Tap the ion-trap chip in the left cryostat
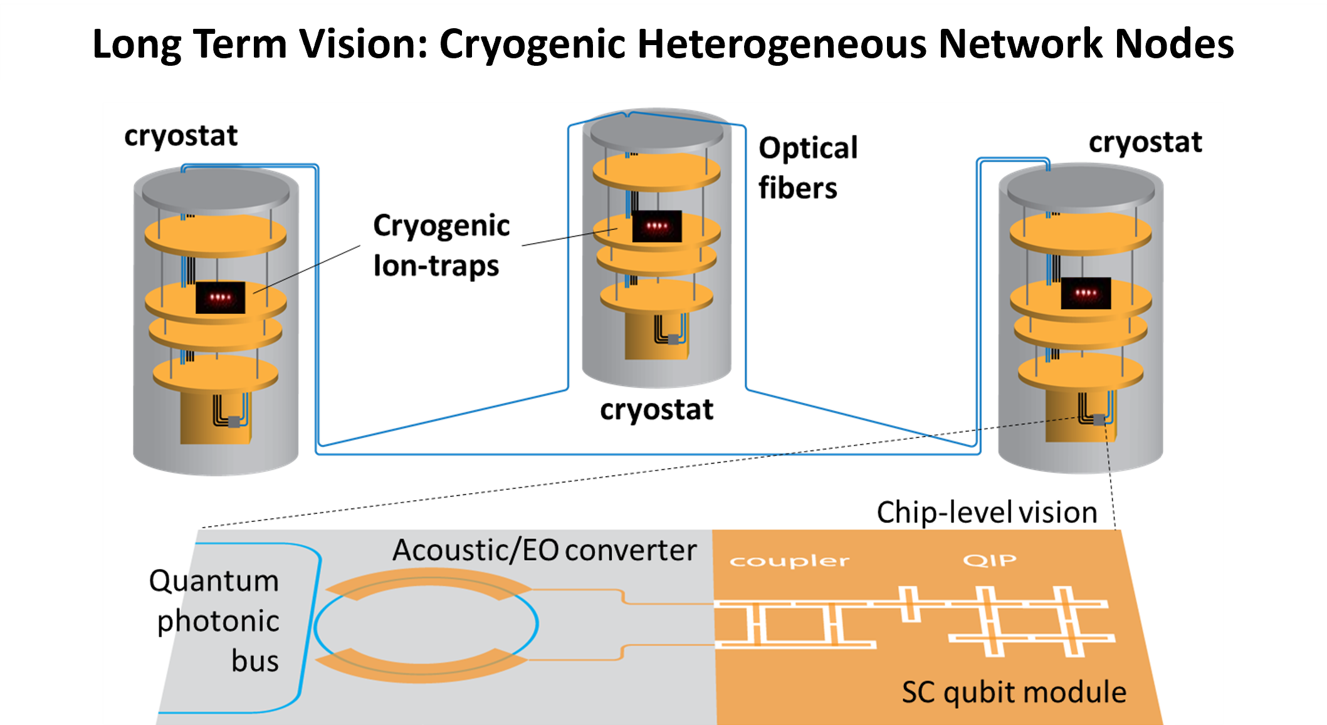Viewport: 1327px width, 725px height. tap(220, 297)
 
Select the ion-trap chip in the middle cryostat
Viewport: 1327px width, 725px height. tap(656, 226)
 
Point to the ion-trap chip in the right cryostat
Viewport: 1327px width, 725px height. tap(1086, 293)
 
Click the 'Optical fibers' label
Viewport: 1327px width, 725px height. tap(807, 168)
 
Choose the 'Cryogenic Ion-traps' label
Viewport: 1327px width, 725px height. tap(441, 245)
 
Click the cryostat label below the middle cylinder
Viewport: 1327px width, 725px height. tap(656, 410)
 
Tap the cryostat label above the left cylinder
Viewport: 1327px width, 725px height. tap(181, 135)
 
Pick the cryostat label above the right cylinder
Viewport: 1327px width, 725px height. tap(1145, 142)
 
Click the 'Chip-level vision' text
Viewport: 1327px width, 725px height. tap(987, 513)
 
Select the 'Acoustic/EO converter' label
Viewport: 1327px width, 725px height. tap(544, 550)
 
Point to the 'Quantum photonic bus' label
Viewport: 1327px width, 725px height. tap(216, 620)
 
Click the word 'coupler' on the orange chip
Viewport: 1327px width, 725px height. tap(789, 561)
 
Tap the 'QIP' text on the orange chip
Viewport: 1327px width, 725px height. tap(990, 560)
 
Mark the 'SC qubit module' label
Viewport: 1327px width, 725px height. tap(1014, 692)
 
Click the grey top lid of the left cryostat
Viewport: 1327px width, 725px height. tap(216, 187)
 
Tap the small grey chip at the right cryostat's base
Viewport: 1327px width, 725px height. tap(1099, 419)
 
